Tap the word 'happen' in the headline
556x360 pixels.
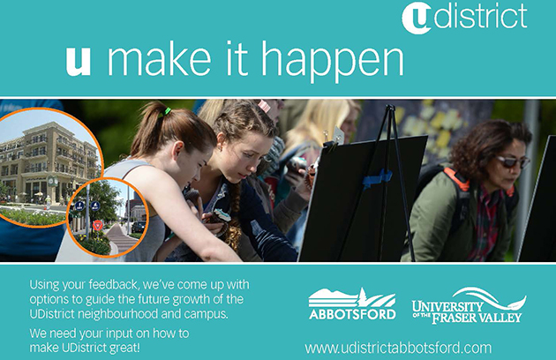[333, 62]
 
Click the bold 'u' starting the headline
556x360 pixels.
[79, 62]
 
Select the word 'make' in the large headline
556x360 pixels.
[159, 58]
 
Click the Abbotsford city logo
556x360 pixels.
[352, 304]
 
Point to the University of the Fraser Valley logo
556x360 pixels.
[469, 305]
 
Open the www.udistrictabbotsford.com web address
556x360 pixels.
[398, 348]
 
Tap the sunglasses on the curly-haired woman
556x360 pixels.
[513, 161]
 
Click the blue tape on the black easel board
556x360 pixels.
[377, 177]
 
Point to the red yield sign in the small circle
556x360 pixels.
[97, 225]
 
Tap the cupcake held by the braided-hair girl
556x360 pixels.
[221, 215]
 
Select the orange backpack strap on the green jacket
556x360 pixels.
[457, 178]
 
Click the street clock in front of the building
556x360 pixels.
[52, 181]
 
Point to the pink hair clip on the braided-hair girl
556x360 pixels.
[263, 106]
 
